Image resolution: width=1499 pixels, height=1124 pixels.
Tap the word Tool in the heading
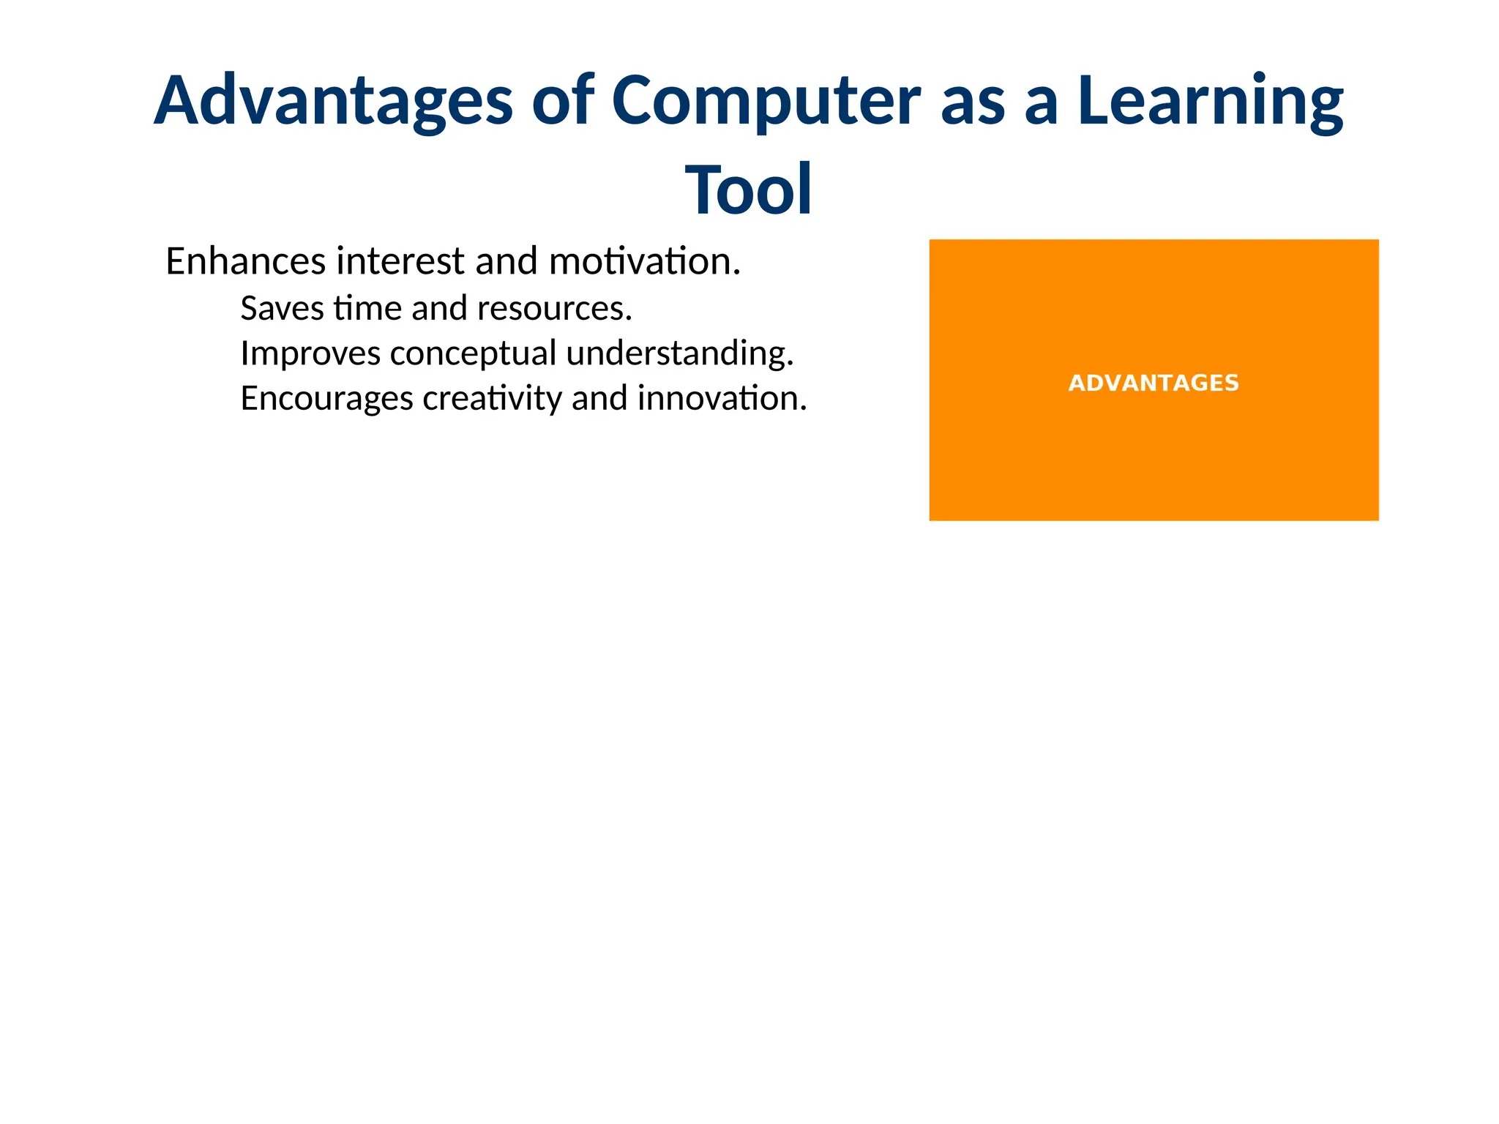pos(748,190)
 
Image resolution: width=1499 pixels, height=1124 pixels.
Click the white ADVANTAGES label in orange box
pos(1154,383)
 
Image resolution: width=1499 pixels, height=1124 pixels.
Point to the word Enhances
pos(245,261)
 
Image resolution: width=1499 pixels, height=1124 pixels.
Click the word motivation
pos(644,261)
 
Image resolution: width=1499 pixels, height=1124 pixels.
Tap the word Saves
pos(282,308)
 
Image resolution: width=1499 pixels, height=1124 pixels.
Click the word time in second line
pos(367,308)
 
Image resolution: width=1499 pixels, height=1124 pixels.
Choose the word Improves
pos(310,353)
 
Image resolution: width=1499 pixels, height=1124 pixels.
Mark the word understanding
pos(679,353)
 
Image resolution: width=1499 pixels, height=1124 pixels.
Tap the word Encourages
pos(326,399)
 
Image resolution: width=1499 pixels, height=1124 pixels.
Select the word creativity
pos(492,399)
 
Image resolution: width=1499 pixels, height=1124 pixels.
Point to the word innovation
pos(721,399)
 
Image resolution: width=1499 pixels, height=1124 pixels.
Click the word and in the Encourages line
pos(599,399)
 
